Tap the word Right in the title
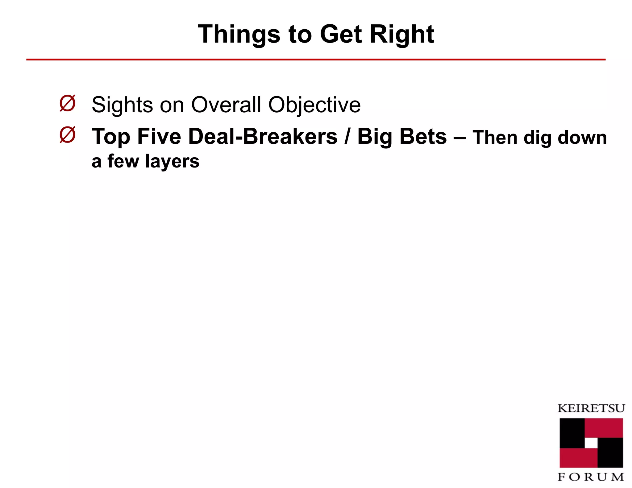tap(402, 34)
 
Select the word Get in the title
tap(341, 34)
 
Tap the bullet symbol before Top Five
tap(67, 135)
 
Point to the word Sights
tap(122, 105)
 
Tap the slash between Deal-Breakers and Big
tap(347, 136)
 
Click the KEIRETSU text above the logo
tap(591, 408)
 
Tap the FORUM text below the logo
tap(591, 477)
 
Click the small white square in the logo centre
tap(591, 443)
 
